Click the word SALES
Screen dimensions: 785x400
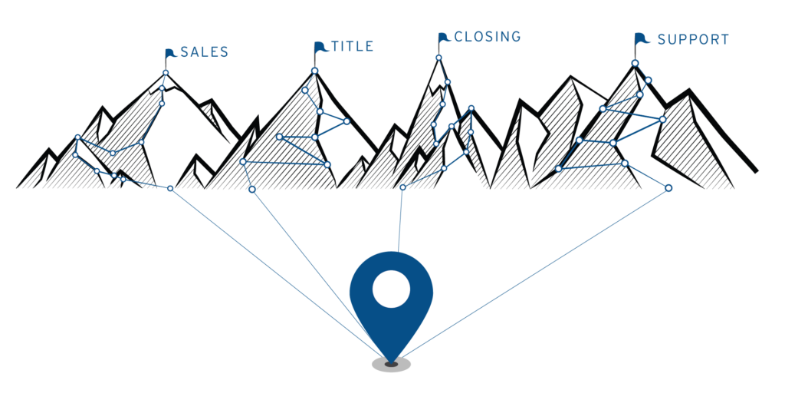click(x=204, y=52)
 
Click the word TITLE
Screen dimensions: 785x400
click(x=353, y=47)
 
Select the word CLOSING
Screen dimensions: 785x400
click(x=488, y=37)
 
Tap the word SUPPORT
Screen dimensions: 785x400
click(x=693, y=40)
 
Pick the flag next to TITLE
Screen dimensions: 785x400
click(x=320, y=47)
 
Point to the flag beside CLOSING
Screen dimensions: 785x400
click(x=444, y=38)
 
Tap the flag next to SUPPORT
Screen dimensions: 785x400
click(x=641, y=38)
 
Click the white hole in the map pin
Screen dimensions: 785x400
click(x=392, y=289)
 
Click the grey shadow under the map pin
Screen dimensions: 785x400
click(x=392, y=365)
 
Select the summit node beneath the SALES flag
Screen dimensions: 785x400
click(x=166, y=73)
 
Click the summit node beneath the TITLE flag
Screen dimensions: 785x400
click(x=315, y=71)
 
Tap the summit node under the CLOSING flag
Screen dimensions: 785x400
click(x=439, y=58)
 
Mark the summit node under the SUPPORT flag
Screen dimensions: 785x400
click(x=635, y=63)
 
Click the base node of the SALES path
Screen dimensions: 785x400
click(x=170, y=188)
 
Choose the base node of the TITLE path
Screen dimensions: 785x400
click(x=252, y=190)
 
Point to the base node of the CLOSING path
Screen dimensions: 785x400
click(x=403, y=187)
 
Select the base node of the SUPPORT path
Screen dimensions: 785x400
click(x=668, y=188)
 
